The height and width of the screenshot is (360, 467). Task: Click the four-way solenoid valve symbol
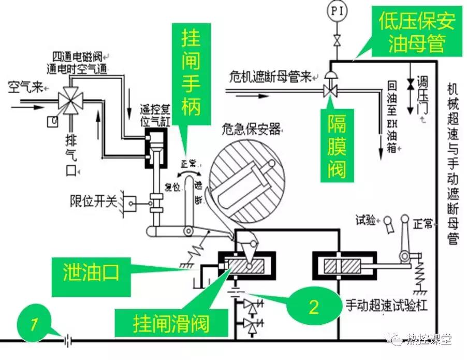pos(68,98)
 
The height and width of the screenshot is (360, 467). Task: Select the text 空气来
pos(24,87)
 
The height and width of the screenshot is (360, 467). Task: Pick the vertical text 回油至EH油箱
pos(391,116)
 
